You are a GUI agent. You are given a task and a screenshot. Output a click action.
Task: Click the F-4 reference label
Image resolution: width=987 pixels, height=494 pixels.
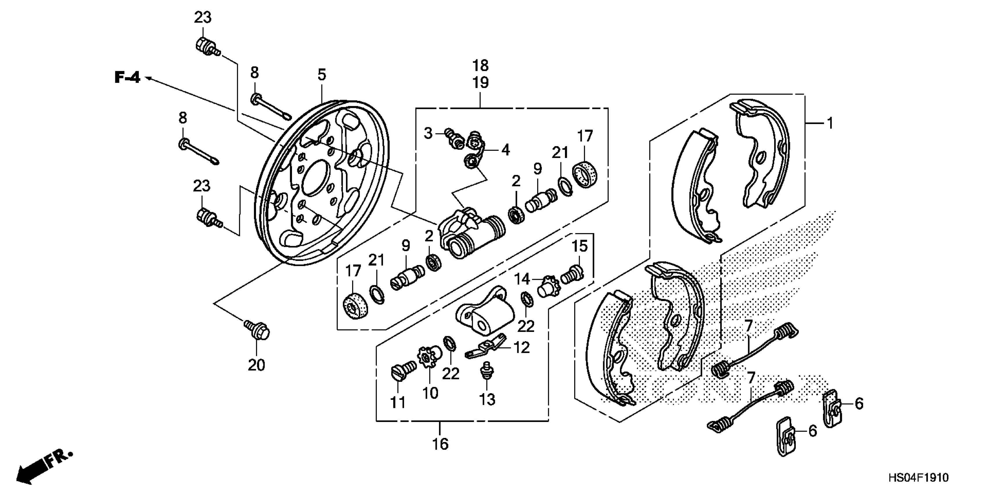[x=128, y=78]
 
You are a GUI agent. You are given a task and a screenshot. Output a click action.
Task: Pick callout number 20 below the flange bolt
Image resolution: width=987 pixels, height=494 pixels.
[x=256, y=365]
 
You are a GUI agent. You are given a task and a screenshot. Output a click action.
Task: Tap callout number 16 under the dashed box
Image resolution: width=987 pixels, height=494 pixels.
[x=440, y=444]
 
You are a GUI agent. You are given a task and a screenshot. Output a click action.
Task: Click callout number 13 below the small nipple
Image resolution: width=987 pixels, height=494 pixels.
[x=487, y=399]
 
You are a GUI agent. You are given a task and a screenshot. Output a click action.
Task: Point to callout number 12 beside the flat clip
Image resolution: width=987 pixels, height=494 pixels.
[x=521, y=348]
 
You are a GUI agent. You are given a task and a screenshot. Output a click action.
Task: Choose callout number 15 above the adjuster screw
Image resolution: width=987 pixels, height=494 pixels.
[x=579, y=246]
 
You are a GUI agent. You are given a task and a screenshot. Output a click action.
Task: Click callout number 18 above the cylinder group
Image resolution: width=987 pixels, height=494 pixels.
[x=480, y=66]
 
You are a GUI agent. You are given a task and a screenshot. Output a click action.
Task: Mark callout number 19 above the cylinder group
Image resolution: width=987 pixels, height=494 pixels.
[x=480, y=83]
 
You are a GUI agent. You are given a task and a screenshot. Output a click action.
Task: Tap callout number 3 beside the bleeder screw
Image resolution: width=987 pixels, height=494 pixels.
[x=428, y=133]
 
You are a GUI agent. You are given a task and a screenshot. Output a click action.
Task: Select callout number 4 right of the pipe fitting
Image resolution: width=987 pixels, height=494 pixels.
[x=505, y=150]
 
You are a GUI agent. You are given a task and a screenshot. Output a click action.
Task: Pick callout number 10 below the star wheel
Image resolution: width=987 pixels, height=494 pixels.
[x=430, y=393]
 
